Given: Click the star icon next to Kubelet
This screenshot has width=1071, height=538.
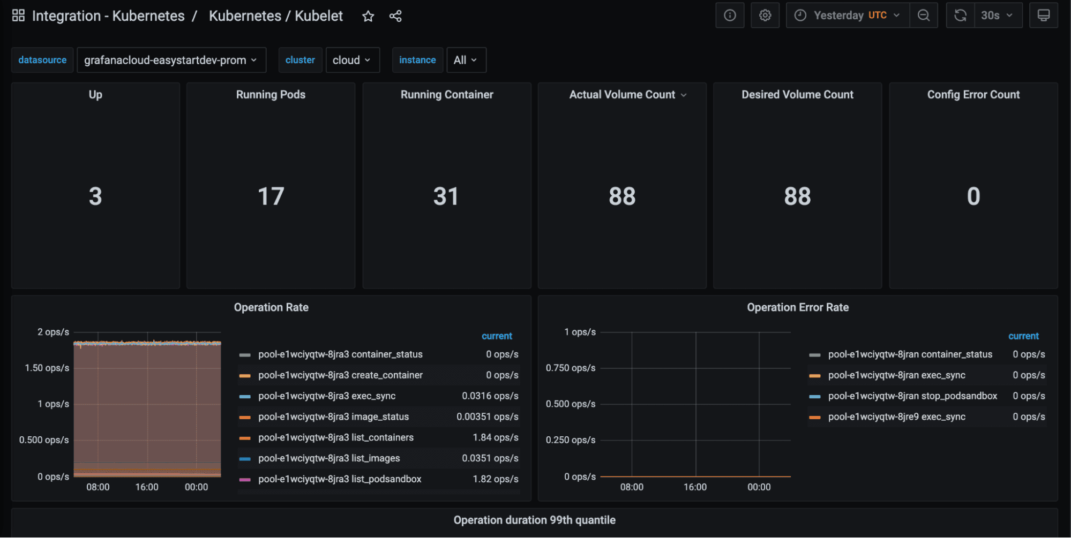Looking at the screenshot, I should point(368,16).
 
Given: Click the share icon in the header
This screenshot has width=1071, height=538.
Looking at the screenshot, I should point(395,16).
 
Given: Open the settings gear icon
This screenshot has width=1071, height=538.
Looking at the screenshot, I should point(765,16).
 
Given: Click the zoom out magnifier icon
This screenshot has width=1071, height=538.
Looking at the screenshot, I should point(923,16).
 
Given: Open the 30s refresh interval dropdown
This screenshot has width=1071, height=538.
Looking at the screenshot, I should point(996,16).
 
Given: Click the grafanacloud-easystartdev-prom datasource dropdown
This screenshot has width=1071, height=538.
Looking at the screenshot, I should point(171,60).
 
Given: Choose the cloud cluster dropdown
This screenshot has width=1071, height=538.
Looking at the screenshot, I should point(352,60).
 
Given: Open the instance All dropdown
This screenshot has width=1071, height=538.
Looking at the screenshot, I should point(466,60).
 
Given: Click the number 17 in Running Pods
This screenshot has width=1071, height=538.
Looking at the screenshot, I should point(271,196).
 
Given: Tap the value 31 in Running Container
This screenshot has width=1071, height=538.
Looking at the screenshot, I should point(446,196).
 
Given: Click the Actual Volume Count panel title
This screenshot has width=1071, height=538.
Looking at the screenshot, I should point(622,95).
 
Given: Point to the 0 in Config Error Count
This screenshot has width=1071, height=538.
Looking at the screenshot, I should point(973,196).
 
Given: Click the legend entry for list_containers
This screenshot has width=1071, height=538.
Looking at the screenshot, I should point(335,437).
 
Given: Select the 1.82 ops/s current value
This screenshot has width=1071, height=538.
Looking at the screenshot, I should point(495,479).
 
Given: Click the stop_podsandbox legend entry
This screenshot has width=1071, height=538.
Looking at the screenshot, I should point(912,396).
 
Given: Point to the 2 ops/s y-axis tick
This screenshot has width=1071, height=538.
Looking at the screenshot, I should point(53,332).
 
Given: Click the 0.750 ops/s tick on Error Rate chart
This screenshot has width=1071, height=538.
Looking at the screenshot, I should point(570,368).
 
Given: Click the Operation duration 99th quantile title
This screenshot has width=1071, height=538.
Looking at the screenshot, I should point(534,520).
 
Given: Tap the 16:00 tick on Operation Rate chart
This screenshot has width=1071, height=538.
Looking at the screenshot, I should point(147,487).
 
